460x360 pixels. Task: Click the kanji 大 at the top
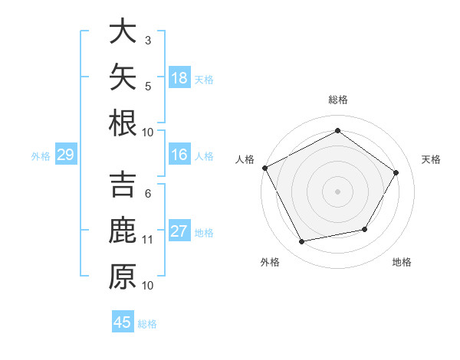click(x=123, y=31)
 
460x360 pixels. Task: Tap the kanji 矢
click(x=123, y=77)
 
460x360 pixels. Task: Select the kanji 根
click(x=123, y=123)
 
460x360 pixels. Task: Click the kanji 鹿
click(x=123, y=230)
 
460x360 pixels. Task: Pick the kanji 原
click(x=123, y=277)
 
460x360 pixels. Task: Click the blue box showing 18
click(x=179, y=77)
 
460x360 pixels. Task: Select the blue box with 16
click(x=179, y=154)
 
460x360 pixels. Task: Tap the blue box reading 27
click(x=179, y=230)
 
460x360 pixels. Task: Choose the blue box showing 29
click(x=66, y=154)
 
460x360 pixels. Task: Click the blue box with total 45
click(x=123, y=321)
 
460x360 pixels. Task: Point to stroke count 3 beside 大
click(x=148, y=40)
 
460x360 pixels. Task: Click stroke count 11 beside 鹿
click(x=147, y=240)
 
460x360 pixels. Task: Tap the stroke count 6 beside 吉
click(x=148, y=194)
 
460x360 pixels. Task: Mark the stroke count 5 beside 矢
click(x=148, y=87)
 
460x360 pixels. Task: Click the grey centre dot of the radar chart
click(x=337, y=191)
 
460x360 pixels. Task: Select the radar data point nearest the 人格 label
click(x=265, y=168)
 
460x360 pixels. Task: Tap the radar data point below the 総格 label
click(x=337, y=130)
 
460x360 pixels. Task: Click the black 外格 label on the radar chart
click(x=270, y=262)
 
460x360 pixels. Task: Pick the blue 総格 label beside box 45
click(x=147, y=324)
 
